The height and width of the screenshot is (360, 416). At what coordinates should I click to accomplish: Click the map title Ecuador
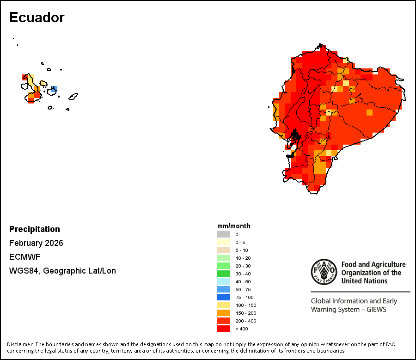37,18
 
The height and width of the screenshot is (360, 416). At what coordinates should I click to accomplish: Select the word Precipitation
35,229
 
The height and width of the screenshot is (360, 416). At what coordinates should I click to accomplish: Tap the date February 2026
36,243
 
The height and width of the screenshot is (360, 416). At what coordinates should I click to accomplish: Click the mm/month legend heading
234,226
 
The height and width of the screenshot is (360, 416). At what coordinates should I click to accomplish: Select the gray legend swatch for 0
223,234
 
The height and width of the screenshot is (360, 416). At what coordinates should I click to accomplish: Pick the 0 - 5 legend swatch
223,242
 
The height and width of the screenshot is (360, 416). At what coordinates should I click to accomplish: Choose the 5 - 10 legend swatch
223,250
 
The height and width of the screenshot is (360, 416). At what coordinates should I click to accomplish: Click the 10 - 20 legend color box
223,258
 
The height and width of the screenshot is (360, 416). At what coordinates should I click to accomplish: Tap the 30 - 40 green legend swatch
223,274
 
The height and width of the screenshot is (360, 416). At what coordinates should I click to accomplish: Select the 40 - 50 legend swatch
223,281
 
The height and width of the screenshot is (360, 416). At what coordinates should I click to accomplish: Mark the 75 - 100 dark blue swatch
223,297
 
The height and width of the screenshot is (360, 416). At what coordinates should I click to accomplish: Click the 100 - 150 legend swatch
223,305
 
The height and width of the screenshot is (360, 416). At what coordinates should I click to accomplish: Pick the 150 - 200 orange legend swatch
223,313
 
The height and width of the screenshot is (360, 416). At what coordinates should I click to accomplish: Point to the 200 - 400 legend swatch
223,321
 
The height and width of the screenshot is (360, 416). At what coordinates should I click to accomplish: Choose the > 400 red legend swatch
223,329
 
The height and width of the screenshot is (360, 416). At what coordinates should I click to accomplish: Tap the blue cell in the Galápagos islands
54,88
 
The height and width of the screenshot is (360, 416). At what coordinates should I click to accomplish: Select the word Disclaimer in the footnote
20,344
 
